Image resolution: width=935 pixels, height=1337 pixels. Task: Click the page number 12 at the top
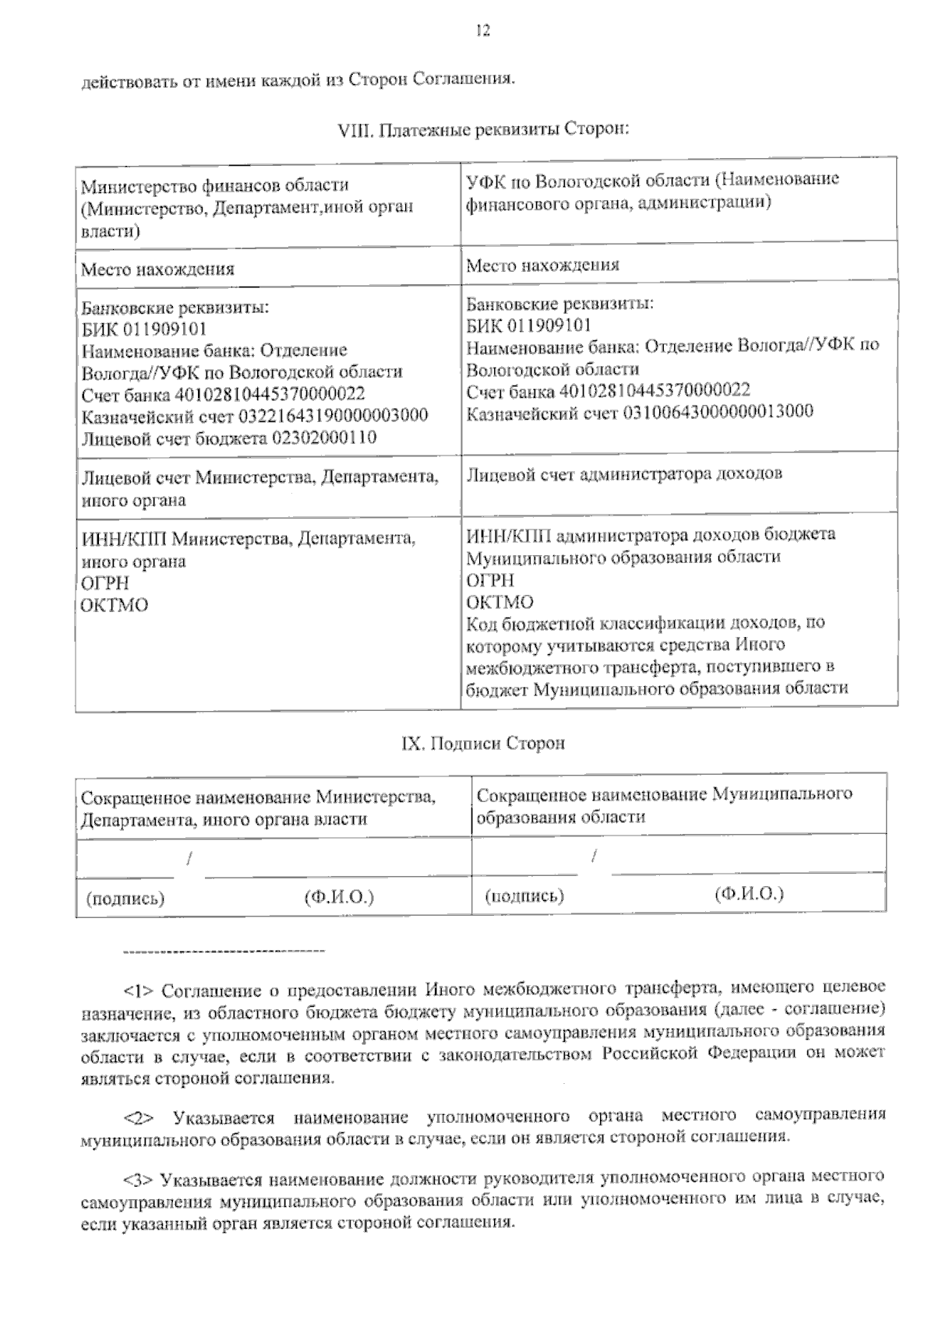click(482, 30)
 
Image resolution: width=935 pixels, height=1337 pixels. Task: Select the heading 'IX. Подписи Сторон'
click(482, 743)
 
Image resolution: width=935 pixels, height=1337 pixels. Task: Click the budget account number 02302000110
click(323, 438)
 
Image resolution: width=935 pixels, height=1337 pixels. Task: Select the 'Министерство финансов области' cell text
click(216, 186)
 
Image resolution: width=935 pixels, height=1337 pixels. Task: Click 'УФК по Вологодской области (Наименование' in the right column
click(652, 179)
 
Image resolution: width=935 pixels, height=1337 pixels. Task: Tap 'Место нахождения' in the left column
click(158, 269)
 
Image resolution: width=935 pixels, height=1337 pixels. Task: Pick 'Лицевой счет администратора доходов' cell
click(624, 473)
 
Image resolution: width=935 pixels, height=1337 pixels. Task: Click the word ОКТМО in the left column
click(115, 605)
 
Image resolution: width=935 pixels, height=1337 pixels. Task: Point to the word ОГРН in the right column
click(490, 580)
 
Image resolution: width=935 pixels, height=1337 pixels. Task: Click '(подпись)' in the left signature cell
click(125, 898)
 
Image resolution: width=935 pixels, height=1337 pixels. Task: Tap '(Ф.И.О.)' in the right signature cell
click(749, 894)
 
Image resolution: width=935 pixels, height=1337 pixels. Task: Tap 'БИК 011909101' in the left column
click(144, 329)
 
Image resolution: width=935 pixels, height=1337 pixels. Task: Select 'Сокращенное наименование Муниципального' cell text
click(664, 794)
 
